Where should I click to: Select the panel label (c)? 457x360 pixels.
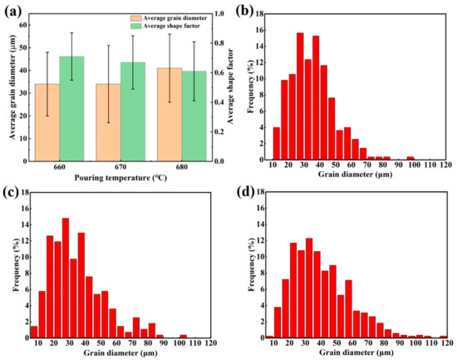pyautogui.click(x=11, y=188)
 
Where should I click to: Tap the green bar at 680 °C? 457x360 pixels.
pyautogui.click(x=194, y=116)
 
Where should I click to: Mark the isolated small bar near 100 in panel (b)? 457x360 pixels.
pyautogui.click(x=410, y=158)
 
